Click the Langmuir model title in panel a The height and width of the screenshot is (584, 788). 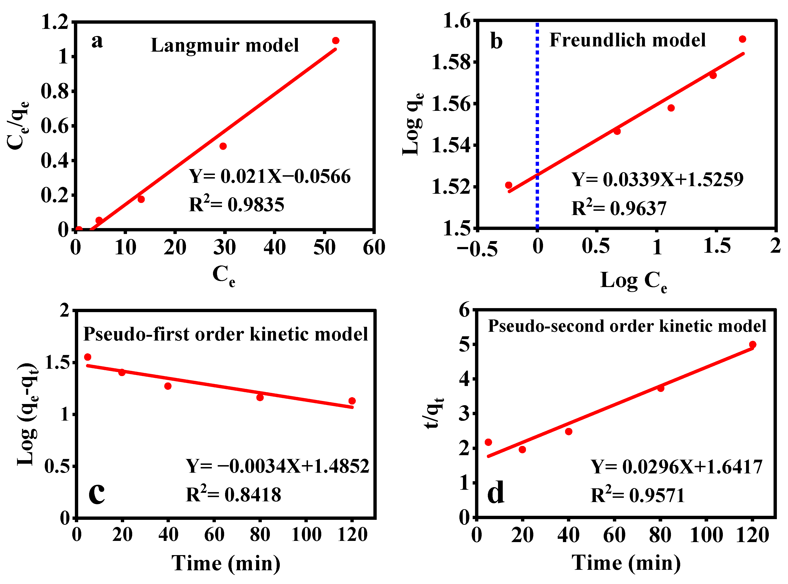click(225, 45)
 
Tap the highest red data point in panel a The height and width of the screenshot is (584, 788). click(336, 41)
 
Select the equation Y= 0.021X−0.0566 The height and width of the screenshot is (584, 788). click(270, 176)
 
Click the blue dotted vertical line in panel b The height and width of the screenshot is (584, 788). click(537, 106)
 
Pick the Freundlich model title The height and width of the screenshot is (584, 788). click(627, 40)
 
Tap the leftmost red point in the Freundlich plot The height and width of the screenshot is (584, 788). click(509, 185)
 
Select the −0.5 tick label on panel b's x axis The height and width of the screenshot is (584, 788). click(477, 248)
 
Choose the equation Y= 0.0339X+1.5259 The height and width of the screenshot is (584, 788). click(657, 180)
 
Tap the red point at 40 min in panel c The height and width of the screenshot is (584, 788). click(168, 386)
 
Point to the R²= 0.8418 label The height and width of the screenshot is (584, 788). click(233, 494)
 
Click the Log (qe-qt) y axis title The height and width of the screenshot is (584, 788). click(27, 414)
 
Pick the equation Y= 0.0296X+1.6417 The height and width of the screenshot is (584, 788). click(676, 467)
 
